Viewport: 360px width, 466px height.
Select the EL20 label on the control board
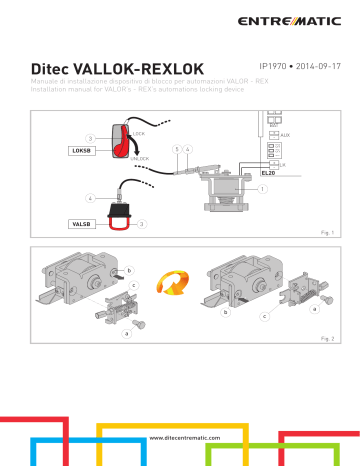280,172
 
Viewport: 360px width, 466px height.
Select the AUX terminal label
286,133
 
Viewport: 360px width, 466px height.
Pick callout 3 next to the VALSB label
142,225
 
